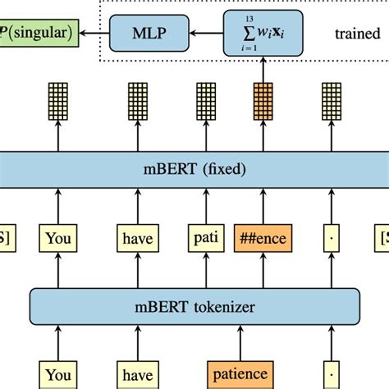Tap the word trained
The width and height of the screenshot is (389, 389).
tap(357, 34)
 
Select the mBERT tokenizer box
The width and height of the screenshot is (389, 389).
tap(194, 308)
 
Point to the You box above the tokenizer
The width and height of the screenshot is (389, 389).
tap(57, 240)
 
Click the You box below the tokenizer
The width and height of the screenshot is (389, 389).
tap(57, 374)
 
